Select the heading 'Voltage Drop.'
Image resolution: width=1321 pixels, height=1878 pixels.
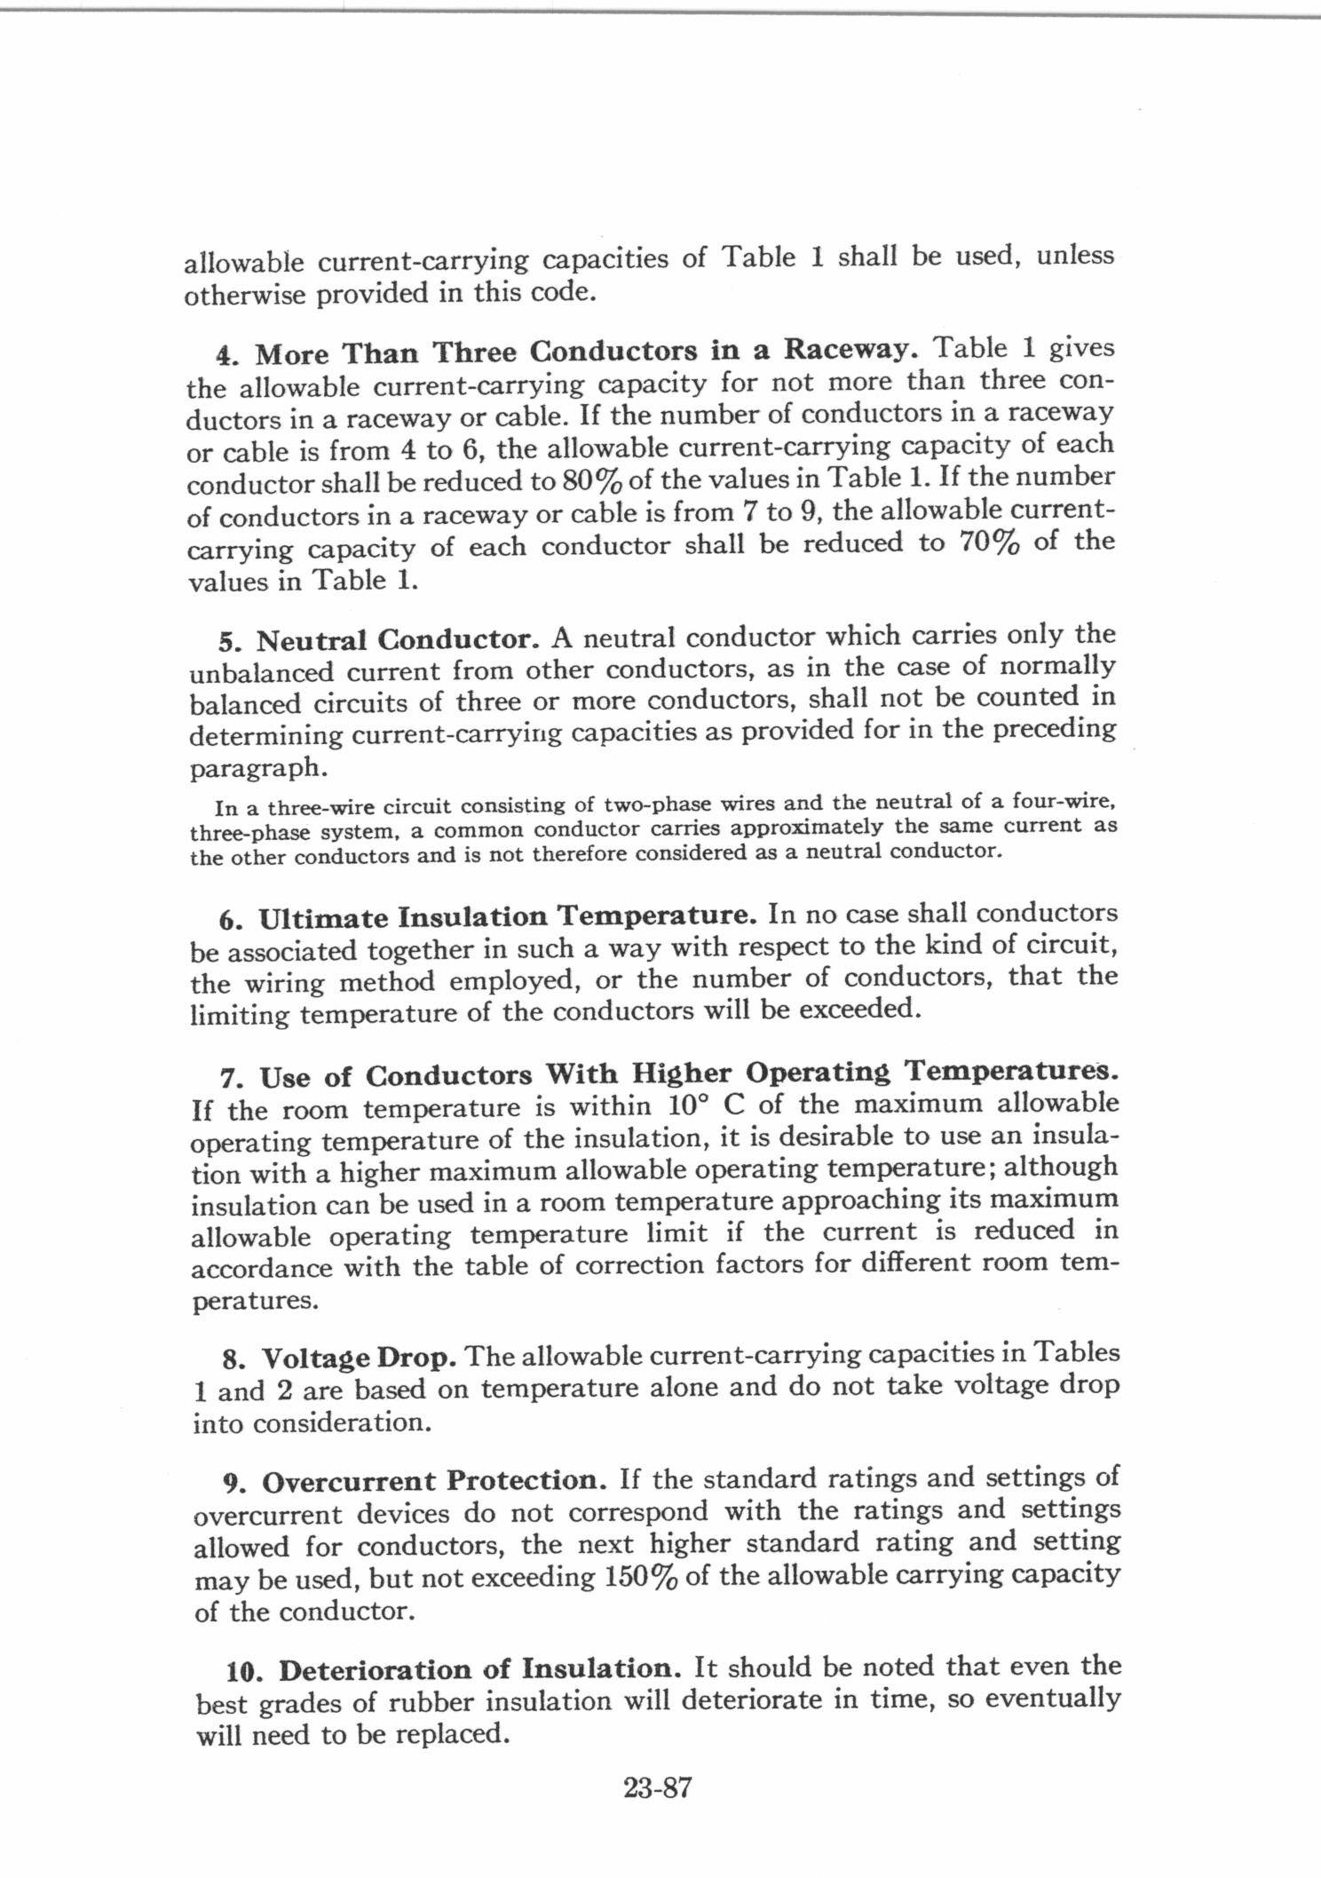pos(359,1358)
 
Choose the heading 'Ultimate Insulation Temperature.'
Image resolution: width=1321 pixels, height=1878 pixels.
pos(509,915)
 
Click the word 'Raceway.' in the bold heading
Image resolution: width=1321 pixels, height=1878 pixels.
pos(848,350)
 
